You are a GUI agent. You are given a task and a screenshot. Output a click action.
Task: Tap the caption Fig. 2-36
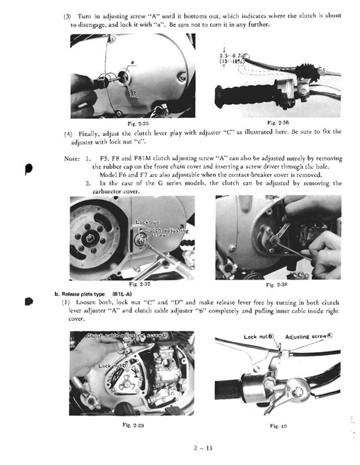[279, 122]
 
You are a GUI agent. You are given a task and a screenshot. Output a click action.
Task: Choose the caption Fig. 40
[279, 426]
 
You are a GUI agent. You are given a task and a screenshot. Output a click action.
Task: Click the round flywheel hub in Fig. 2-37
[86, 238]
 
